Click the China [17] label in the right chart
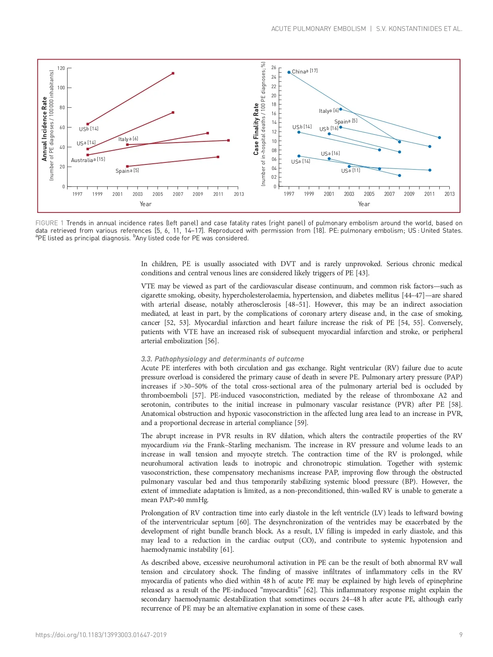(x=305, y=71)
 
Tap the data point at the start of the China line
(x=289, y=72)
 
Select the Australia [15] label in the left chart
(x=88, y=160)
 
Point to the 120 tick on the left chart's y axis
(x=61, y=68)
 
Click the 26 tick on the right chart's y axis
(x=274, y=68)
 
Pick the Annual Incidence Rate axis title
(x=44, y=129)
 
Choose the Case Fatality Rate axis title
(x=256, y=129)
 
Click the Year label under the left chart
(x=145, y=204)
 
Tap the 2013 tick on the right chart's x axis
(x=449, y=194)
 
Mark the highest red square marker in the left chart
(x=173, y=73)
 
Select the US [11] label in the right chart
(x=350, y=171)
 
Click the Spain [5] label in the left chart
(x=127, y=171)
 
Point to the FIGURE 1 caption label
(x=49, y=223)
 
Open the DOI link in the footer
(x=101, y=635)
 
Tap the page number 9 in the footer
(x=461, y=635)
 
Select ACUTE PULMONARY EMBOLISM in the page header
(x=319, y=29)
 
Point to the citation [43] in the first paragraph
(x=362, y=273)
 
